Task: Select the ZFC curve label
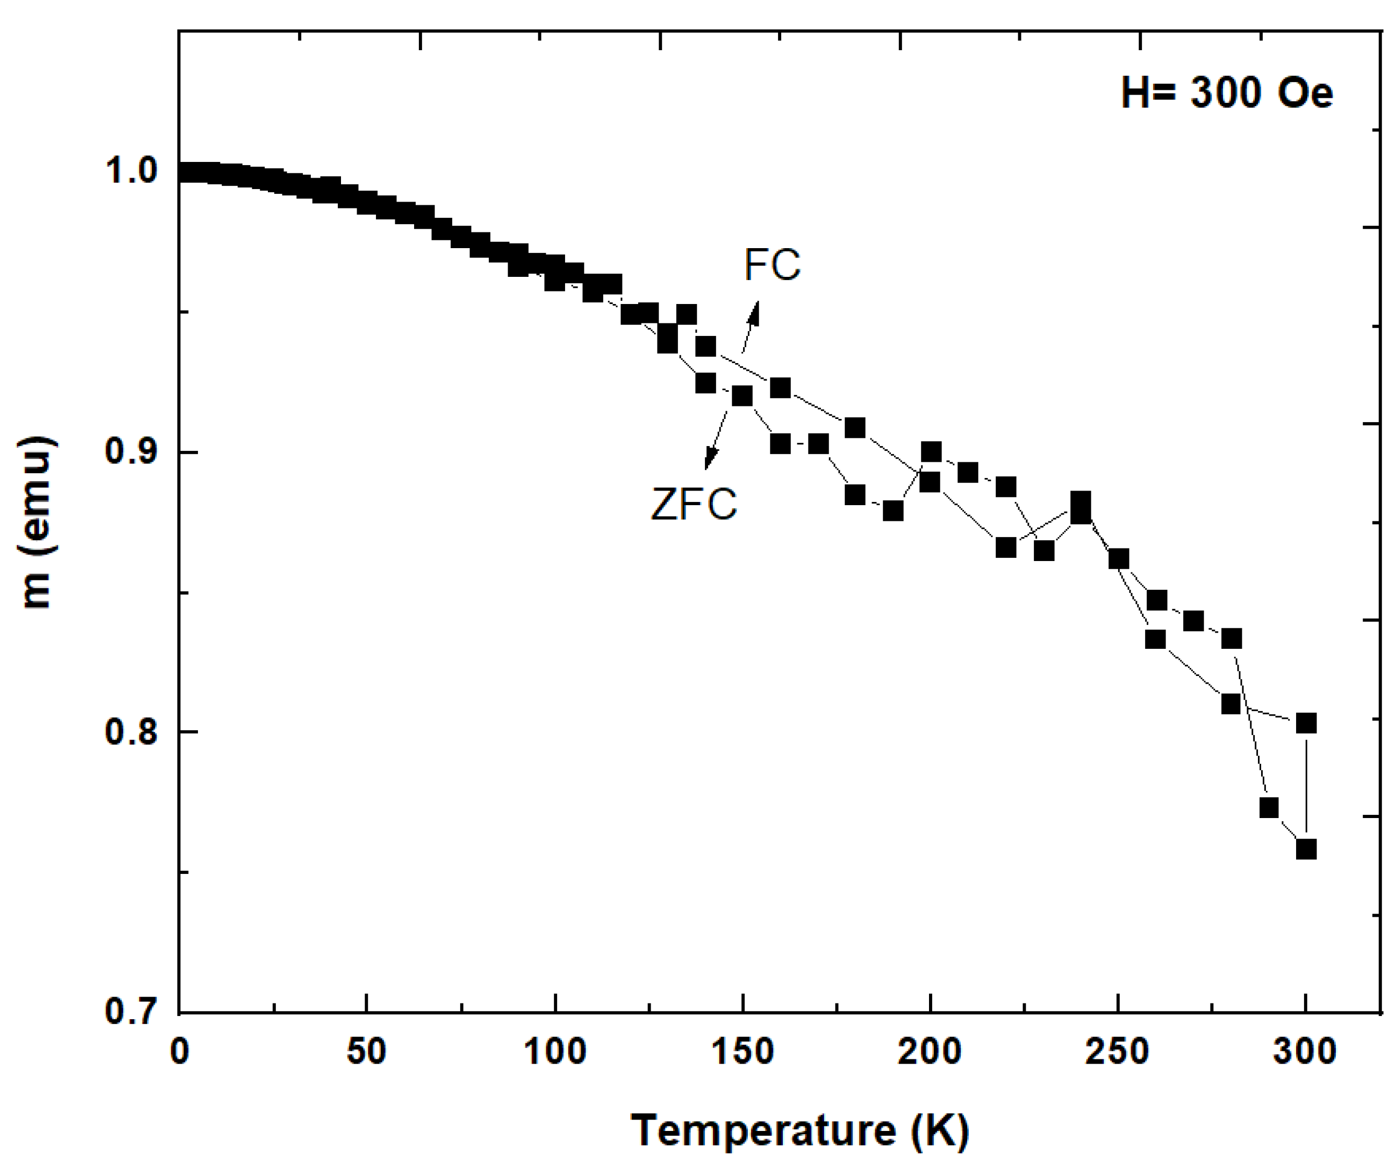click(x=694, y=504)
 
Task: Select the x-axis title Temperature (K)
click(x=800, y=1130)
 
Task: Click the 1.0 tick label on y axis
click(x=131, y=171)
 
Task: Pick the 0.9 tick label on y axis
click(x=131, y=452)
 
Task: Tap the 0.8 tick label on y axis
click(x=131, y=732)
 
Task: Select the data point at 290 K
click(x=1269, y=808)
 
